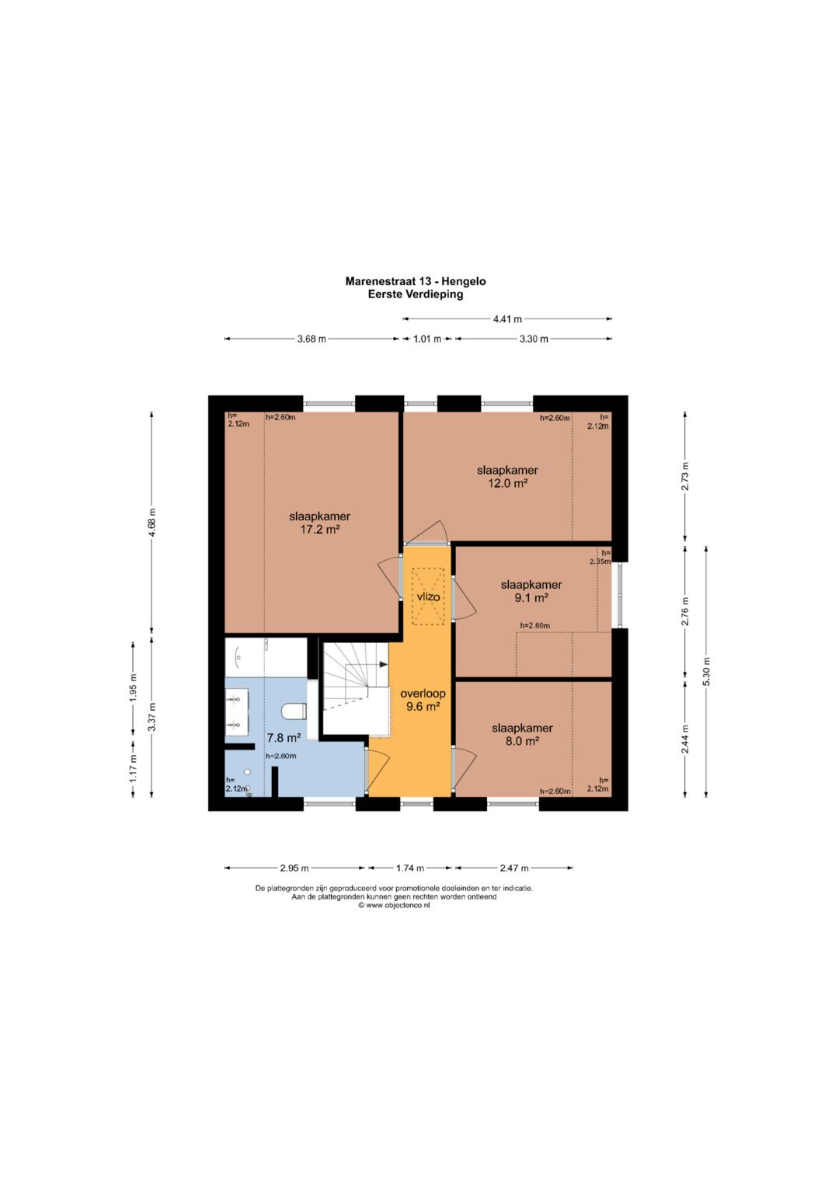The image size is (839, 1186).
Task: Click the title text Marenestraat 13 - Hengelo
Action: [x=416, y=281]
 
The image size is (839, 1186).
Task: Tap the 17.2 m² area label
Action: [x=319, y=529]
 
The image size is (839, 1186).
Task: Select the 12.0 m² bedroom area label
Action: [x=507, y=483]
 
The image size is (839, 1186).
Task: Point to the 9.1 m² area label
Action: [x=531, y=598]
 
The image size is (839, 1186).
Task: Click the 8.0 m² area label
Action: [x=522, y=741]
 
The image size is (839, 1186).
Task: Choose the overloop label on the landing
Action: [x=423, y=693]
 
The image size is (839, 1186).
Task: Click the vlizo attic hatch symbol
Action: [x=429, y=596]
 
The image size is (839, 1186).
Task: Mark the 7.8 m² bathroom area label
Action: [x=284, y=738]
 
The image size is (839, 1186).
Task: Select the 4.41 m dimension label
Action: [x=507, y=318]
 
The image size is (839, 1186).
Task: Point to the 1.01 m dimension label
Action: [x=427, y=339]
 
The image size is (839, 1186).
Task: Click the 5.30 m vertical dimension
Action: [x=706, y=671]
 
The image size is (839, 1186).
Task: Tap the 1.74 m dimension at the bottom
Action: [x=410, y=868]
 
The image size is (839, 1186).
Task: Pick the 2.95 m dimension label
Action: [x=294, y=868]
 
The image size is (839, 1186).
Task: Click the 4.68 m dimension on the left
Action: [x=152, y=523]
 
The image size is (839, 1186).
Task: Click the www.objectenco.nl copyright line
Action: [x=394, y=905]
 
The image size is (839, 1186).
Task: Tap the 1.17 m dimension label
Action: [x=133, y=768]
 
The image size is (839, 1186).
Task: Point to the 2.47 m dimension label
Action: [x=513, y=868]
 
